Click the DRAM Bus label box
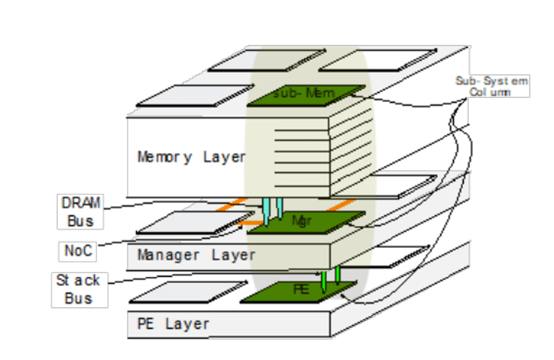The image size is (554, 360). coord(80,211)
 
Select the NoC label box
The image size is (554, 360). coord(78,251)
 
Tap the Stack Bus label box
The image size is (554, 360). coord(79,289)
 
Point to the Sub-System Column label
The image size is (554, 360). coord(491,86)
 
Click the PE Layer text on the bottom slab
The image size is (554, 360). coord(173,324)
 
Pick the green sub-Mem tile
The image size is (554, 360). coord(306,95)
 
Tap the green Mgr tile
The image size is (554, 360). coord(306,222)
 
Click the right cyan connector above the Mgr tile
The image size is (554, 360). coord(279,207)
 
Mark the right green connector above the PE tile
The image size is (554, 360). coord(337,274)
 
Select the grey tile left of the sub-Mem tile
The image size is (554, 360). coord(193,95)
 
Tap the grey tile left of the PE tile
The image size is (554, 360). coord(188,292)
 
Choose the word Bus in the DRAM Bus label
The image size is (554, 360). coord(80,221)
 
